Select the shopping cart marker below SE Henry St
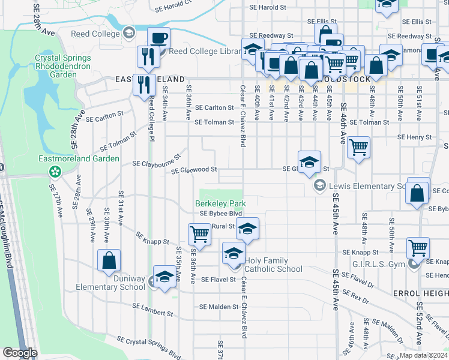coord(358,146)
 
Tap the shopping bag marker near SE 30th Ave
coord(109,260)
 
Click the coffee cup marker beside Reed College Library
coord(159,38)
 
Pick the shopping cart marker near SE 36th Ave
coord(199,234)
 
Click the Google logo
coord(20,352)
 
